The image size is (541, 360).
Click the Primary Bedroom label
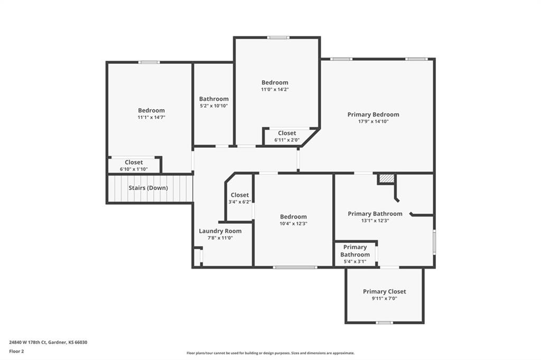coord(373,115)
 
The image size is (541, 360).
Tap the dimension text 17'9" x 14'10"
coord(373,121)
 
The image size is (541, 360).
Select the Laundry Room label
coord(220,231)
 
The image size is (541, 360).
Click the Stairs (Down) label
coord(148,188)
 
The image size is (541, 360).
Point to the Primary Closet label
coord(384,291)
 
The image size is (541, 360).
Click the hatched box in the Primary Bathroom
coord(387,179)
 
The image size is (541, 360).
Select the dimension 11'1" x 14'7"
coord(151,118)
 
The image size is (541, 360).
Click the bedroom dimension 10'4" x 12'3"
coord(293,224)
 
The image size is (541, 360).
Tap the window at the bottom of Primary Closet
coord(384,322)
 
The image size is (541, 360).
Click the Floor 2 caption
coord(16,351)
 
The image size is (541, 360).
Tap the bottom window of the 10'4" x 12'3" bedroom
coord(295,267)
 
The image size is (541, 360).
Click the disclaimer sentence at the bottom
coord(270,353)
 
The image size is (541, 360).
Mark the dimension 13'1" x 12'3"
coord(375,221)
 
